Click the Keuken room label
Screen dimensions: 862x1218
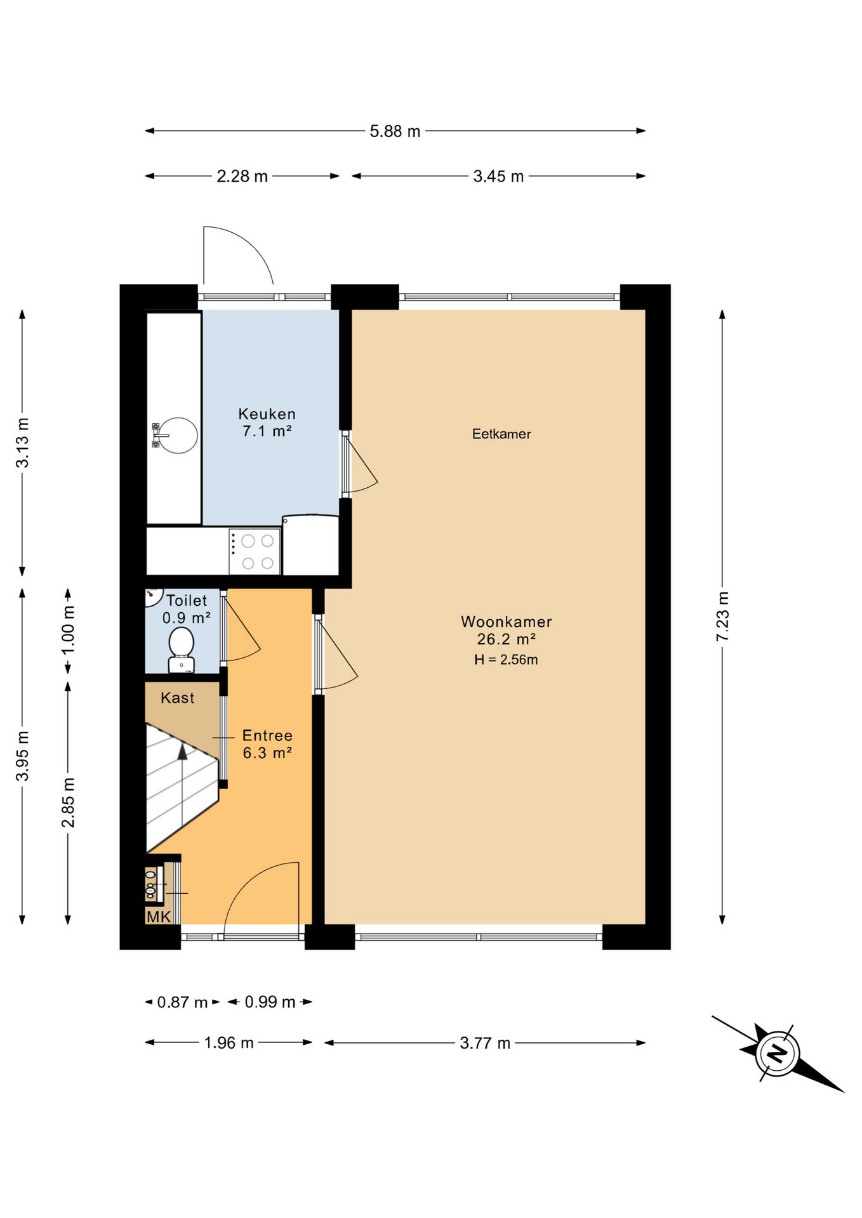point(267,414)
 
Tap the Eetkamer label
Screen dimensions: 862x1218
point(501,434)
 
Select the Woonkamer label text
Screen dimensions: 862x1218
point(507,622)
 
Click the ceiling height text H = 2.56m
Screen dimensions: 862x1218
point(506,660)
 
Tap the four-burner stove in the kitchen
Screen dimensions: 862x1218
point(255,551)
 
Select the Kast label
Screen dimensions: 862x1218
point(177,698)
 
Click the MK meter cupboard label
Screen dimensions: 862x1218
point(159,917)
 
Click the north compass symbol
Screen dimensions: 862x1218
point(778,1054)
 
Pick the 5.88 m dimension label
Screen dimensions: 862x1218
point(395,131)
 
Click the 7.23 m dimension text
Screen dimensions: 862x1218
point(722,616)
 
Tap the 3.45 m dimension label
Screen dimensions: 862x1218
point(498,176)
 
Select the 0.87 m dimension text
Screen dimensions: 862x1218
point(182,1002)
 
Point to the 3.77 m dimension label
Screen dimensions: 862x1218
point(485,1044)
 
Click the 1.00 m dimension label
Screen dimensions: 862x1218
point(68,630)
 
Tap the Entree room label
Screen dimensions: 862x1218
point(267,736)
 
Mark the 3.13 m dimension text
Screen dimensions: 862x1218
point(22,443)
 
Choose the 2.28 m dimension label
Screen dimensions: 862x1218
point(242,176)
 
